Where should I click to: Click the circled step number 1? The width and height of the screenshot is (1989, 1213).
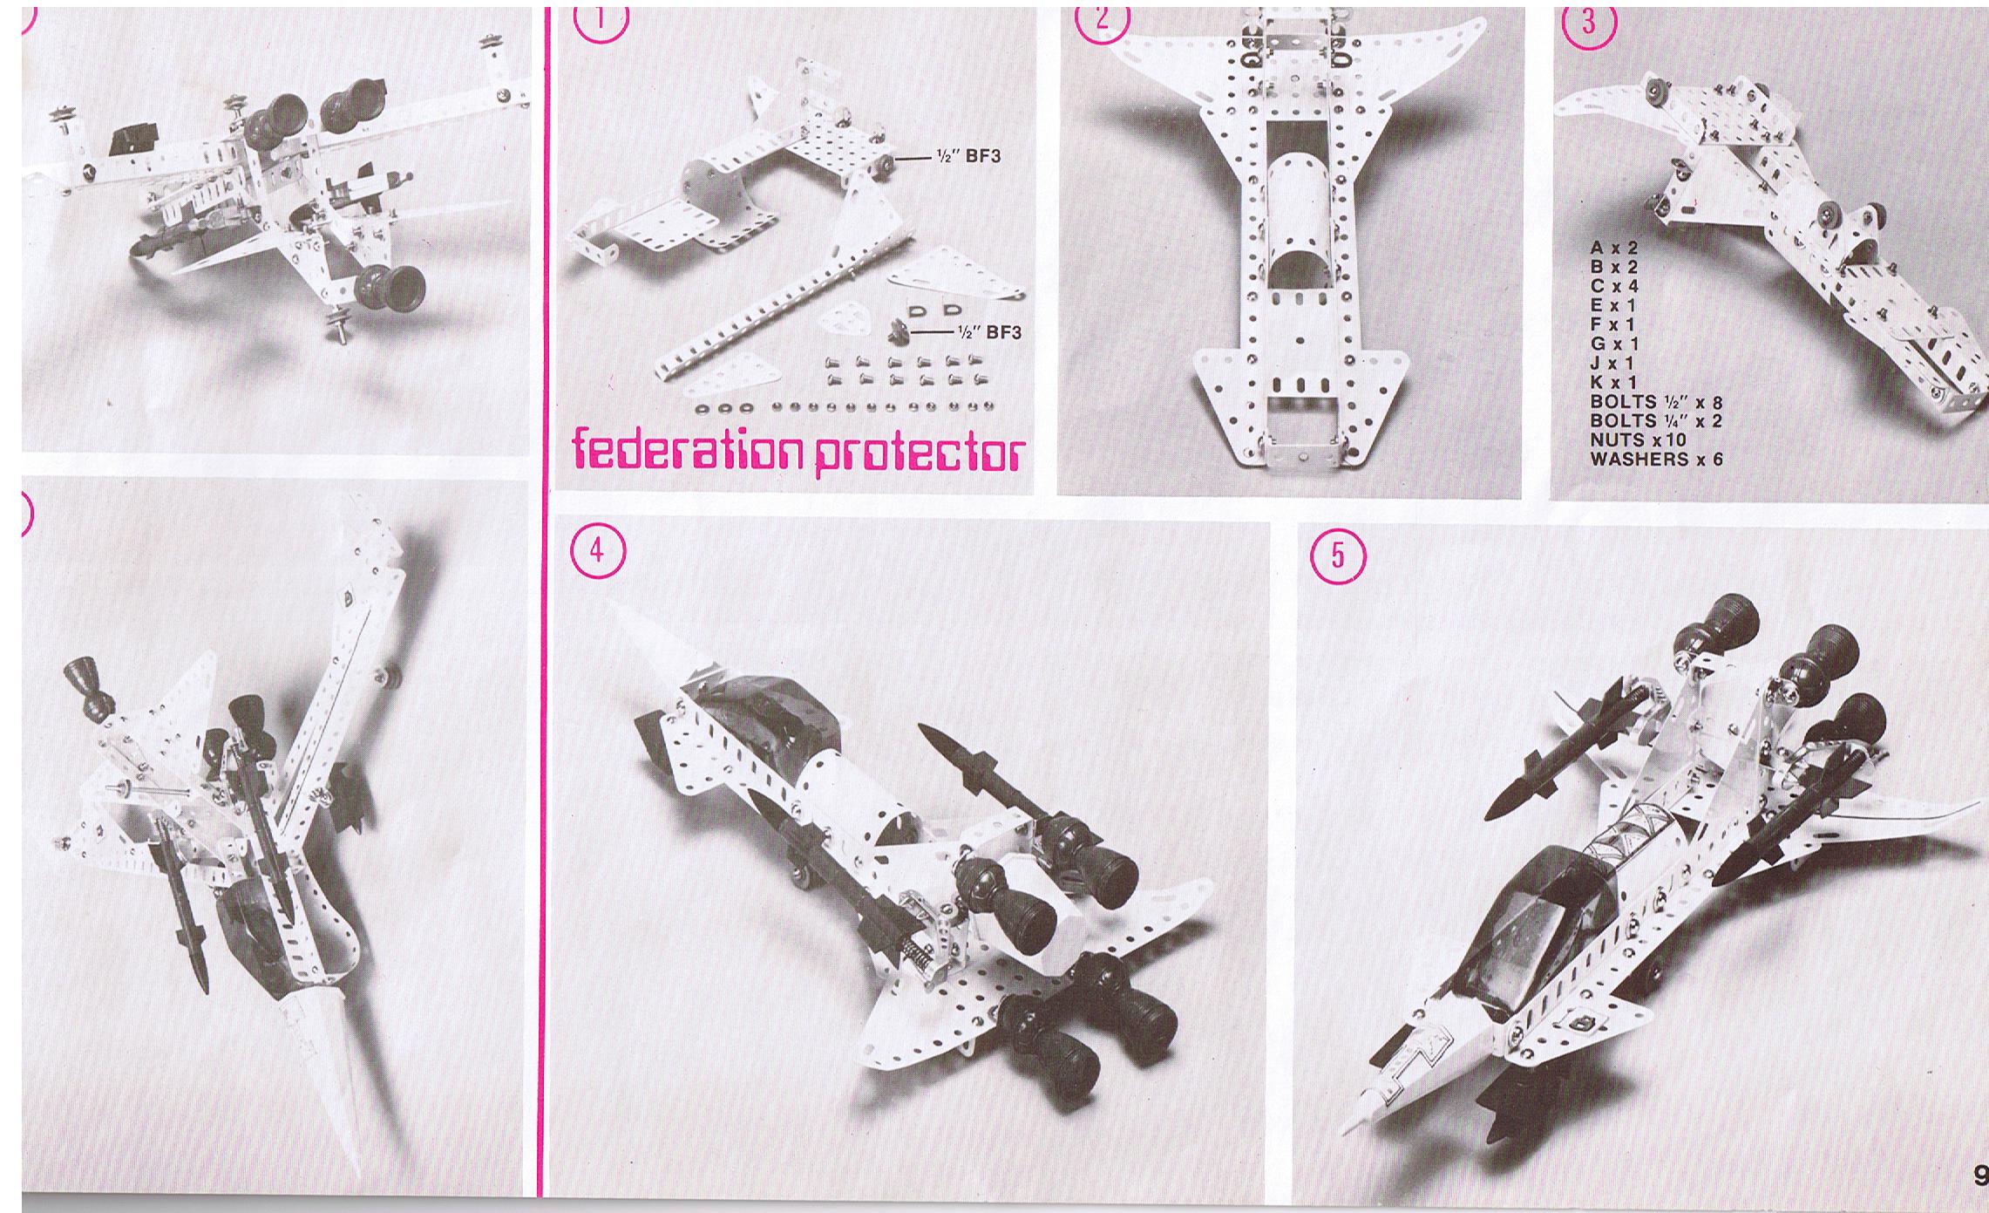point(601,21)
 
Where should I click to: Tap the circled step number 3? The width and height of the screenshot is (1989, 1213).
point(1588,23)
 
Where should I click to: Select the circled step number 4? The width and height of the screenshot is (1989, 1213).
point(597,552)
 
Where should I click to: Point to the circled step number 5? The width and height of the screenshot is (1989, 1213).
point(1339,555)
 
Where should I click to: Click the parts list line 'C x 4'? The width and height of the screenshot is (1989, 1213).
point(1615,286)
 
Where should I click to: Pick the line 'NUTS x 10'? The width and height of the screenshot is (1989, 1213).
point(1639,440)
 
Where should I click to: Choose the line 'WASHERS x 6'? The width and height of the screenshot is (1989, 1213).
point(1657,459)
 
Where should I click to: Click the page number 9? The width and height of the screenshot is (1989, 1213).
point(1979,1174)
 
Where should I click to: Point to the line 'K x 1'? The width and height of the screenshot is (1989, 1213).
point(1614,382)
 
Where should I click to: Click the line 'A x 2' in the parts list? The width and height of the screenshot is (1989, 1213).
point(1614,249)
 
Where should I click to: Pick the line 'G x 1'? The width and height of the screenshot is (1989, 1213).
point(1614,344)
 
